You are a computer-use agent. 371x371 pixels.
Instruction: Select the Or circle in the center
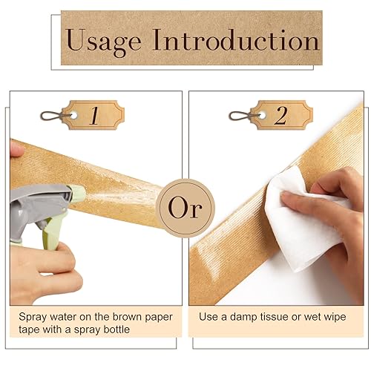pyautogui.click(x=185, y=208)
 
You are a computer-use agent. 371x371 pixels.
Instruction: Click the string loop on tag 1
pyautogui.click(x=50, y=116)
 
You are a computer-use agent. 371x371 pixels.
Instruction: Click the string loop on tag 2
pyautogui.click(x=240, y=116)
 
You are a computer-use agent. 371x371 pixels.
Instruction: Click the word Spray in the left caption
pyautogui.click(x=33, y=317)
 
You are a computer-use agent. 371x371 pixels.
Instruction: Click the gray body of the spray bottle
pyautogui.click(x=30, y=204)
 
